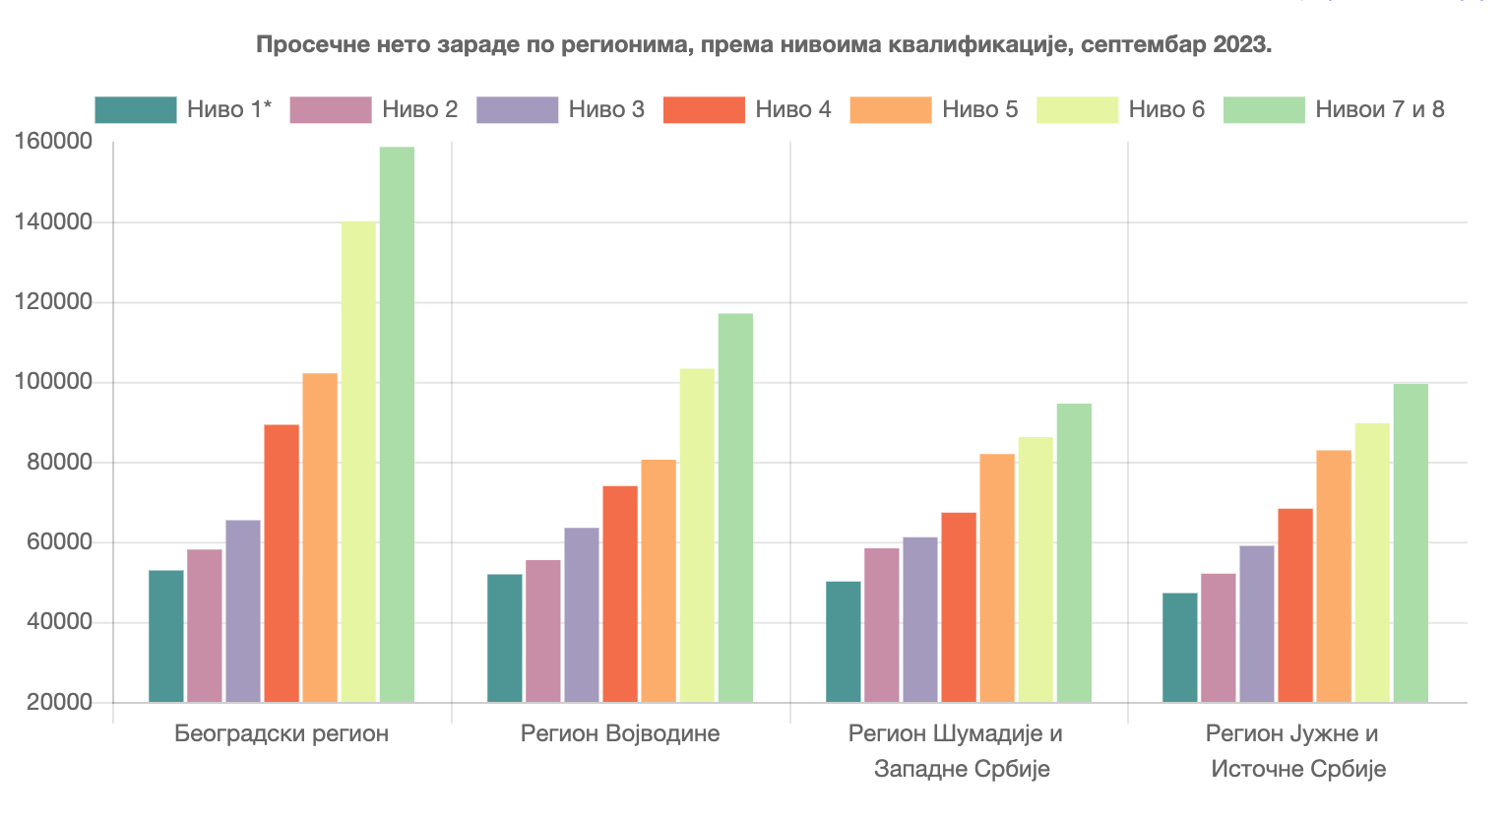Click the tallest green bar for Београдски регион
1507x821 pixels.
397,423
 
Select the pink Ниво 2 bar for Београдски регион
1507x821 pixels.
205,625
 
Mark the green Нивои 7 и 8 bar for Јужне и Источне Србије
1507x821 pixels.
1411,542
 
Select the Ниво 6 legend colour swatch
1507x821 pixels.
1077,109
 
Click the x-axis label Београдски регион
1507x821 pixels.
282,733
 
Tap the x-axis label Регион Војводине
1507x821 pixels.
620,733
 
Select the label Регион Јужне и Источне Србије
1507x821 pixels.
1297,751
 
